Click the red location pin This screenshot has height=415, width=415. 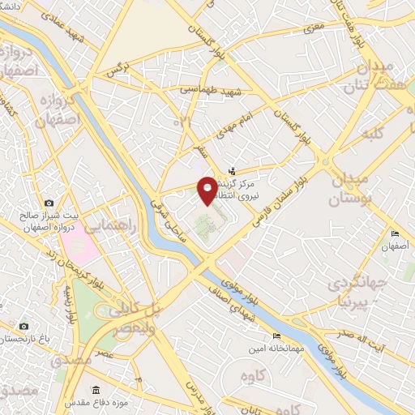click(x=207, y=189)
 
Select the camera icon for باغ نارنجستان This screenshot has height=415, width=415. click(x=24, y=326)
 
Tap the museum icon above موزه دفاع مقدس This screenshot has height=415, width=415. click(x=96, y=390)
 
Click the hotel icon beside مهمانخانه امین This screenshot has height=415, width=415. click(x=276, y=336)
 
